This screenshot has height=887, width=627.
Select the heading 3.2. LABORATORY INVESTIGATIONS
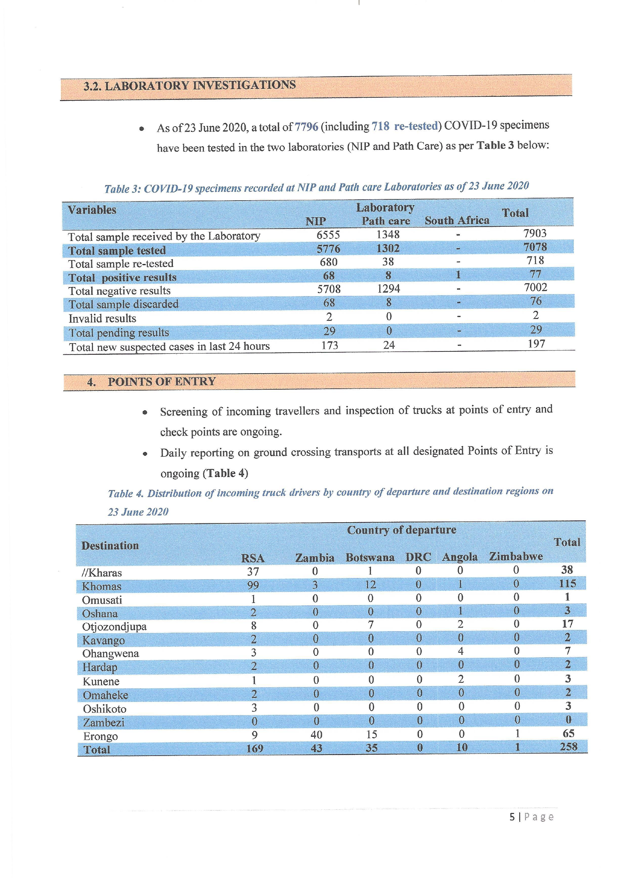coord(190,85)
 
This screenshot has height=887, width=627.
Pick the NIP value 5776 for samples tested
coord(328,249)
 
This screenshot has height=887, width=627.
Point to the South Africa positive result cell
coord(458,275)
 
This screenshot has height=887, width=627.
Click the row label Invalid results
coord(102,318)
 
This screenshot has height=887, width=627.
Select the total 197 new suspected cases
coord(536,344)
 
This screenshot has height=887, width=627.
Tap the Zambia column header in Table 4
coord(314,558)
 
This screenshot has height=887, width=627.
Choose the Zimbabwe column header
coord(516,557)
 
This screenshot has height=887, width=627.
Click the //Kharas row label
coord(102,573)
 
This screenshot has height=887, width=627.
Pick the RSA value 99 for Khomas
coord(253,585)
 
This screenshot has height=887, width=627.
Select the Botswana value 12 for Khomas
coord(370,584)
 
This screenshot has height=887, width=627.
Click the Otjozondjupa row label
coord(114,627)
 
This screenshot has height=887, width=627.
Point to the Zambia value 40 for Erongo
coord(316,734)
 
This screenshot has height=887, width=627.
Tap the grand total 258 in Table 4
coord(568,747)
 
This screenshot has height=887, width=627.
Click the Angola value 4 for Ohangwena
coord(460,651)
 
